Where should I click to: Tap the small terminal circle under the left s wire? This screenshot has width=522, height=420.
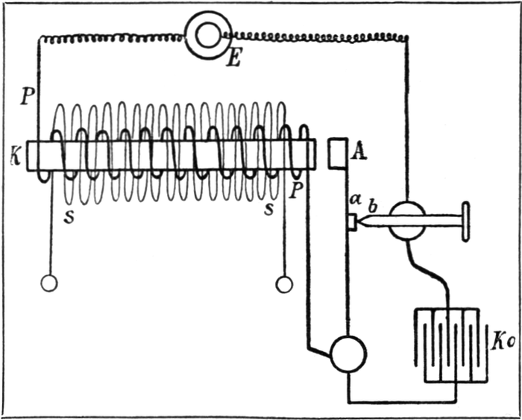(x=49, y=283)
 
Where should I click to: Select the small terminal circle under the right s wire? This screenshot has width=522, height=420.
(x=284, y=284)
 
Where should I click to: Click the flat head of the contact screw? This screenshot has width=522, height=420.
(x=465, y=222)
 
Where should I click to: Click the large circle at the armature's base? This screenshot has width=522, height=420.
(x=348, y=354)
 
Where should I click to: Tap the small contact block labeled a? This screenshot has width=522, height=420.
(x=351, y=222)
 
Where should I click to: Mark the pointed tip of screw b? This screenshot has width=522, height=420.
(x=359, y=222)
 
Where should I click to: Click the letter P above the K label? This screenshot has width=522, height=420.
(x=27, y=95)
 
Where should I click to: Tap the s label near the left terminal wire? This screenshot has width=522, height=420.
(x=69, y=221)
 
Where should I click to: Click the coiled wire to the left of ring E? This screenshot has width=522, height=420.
(x=112, y=37)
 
